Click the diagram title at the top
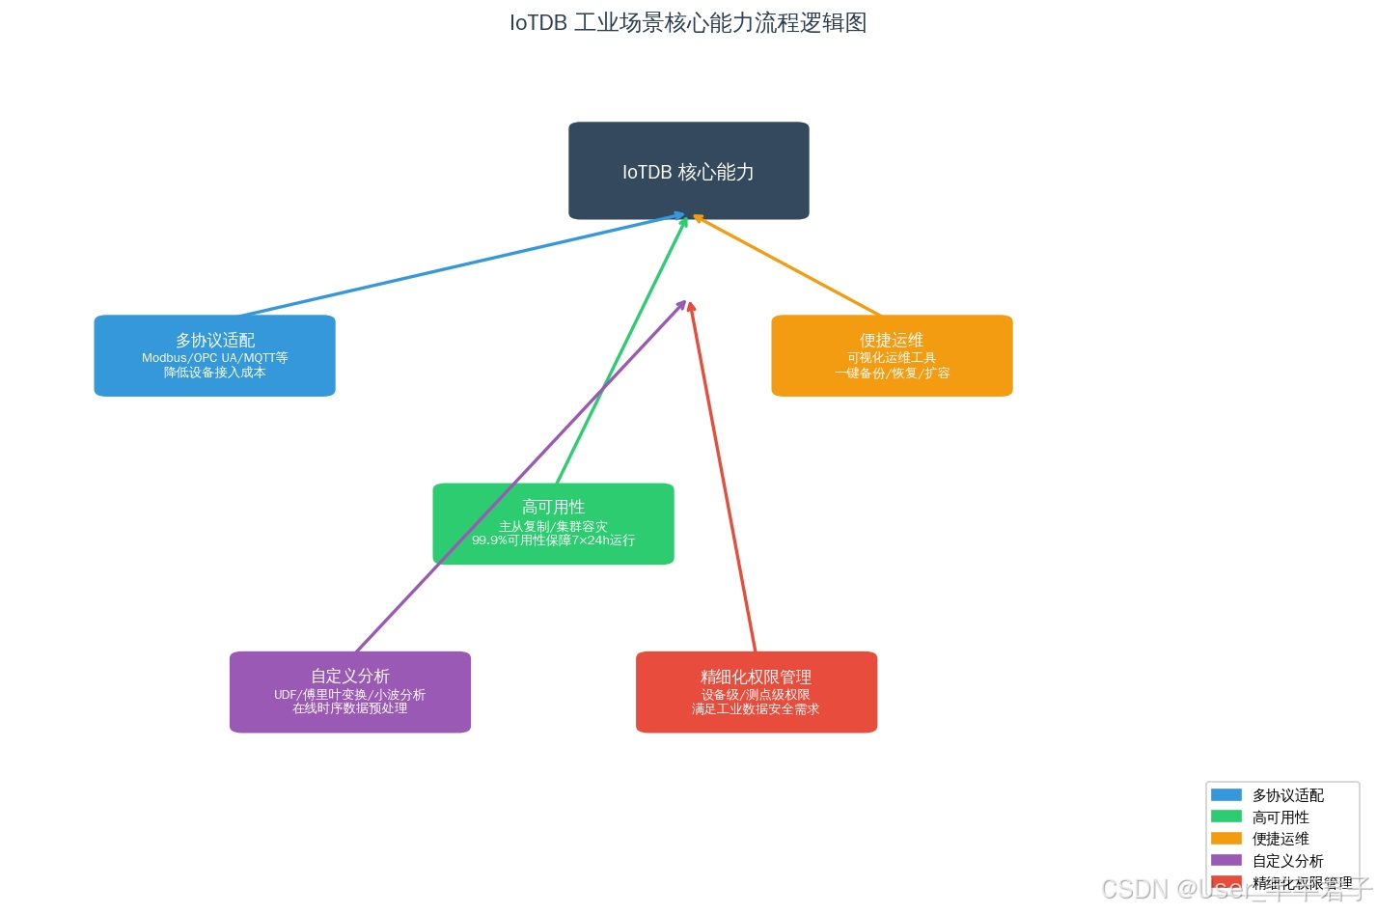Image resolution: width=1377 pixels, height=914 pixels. pyautogui.click(x=688, y=23)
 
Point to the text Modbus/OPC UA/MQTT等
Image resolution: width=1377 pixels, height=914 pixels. pyautogui.click(x=214, y=358)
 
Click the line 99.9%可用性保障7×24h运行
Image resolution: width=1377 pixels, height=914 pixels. pyautogui.click(x=553, y=540)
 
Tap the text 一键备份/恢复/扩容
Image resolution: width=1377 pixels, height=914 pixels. pyautogui.click(x=892, y=374)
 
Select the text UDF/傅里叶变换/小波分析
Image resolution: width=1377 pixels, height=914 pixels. pyautogui.click(x=349, y=695)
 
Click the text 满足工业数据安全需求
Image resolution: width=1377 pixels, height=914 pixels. pyautogui.click(x=756, y=709)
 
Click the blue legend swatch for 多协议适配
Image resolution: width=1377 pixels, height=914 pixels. pyautogui.click(x=1226, y=795)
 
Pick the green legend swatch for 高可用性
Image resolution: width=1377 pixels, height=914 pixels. pyautogui.click(x=1226, y=817)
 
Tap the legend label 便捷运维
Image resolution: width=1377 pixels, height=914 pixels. pyautogui.click(x=1281, y=839)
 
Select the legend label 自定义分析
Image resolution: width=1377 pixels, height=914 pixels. pyautogui.click(x=1287, y=861)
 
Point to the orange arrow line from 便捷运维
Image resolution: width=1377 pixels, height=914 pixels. pyautogui.click(x=787, y=266)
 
